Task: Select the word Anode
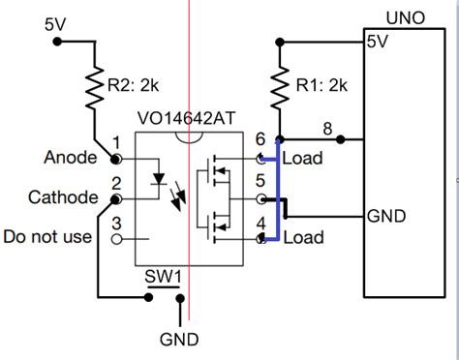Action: click(70, 156)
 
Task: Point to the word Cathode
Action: click(63, 197)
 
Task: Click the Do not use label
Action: click(48, 236)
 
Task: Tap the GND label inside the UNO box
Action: click(387, 216)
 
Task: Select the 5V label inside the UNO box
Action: click(377, 43)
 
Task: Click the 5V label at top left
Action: click(56, 22)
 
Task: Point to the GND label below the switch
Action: click(179, 340)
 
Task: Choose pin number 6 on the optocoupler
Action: click(260, 141)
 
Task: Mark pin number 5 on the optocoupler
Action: click(260, 181)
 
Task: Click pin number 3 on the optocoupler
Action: click(117, 224)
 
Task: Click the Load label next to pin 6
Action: click(304, 157)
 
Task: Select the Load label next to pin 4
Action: click(304, 237)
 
